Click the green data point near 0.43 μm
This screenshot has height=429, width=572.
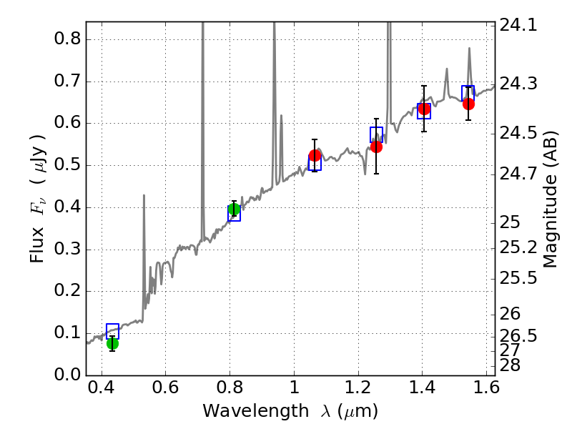point(112,343)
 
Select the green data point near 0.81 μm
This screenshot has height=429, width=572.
point(234,209)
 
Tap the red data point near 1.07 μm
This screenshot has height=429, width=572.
point(315,155)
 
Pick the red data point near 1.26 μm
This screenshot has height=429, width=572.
point(376,147)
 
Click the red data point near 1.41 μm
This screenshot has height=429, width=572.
point(424,109)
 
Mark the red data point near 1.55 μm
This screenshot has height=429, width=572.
point(468,104)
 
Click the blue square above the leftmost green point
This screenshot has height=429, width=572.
point(112,330)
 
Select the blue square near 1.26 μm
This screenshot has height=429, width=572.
point(377,134)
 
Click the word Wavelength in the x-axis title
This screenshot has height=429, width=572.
point(244,411)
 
